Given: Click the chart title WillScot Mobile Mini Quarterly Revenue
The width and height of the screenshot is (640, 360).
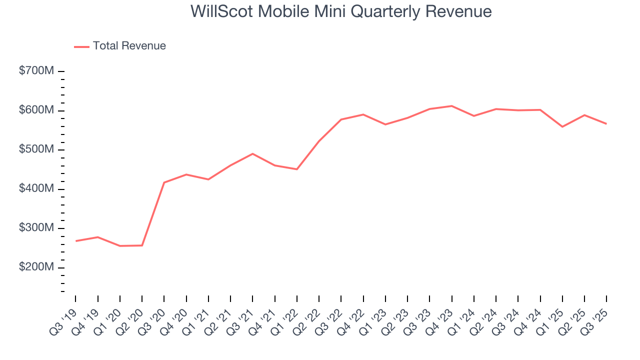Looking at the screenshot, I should [341, 11].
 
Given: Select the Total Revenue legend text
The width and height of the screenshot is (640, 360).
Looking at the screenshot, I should [129, 46].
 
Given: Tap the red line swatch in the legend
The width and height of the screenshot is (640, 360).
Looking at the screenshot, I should [81, 46].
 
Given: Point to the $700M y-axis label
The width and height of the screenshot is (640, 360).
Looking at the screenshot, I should [36, 71].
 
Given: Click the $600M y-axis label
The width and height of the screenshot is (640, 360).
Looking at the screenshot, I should [36, 110].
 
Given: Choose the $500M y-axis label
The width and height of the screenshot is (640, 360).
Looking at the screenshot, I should [36, 150].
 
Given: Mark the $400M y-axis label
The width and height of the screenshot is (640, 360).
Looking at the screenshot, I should [36, 189].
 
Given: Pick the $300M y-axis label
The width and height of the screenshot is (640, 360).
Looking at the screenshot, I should [36, 228].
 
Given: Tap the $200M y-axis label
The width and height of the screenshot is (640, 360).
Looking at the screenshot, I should [36, 267].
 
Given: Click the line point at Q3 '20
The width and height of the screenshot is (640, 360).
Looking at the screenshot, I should [164, 182].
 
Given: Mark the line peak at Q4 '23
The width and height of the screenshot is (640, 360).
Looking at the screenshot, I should [451, 106].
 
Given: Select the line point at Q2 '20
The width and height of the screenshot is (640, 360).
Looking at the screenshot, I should [142, 245].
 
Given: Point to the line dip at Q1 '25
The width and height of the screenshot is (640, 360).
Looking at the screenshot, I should [562, 126].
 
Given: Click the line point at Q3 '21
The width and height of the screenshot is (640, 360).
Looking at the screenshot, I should [252, 153].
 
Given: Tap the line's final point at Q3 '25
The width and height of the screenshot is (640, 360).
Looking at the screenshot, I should [606, 123].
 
